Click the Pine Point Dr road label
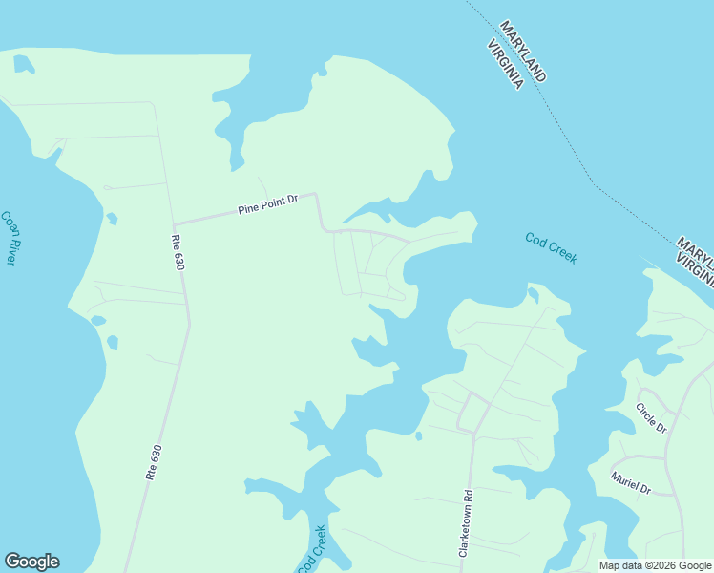(268, 204)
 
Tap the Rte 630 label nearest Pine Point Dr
(178, 251)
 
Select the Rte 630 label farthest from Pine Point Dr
(155, 461)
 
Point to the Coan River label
(10, 238)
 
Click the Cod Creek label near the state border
(551, 248)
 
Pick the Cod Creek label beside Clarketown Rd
(312, 549)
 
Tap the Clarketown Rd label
(467, 524)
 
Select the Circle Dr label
(651, 416)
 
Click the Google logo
(31, 562)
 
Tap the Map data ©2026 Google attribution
(655, 565)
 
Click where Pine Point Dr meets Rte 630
(173, 223)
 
